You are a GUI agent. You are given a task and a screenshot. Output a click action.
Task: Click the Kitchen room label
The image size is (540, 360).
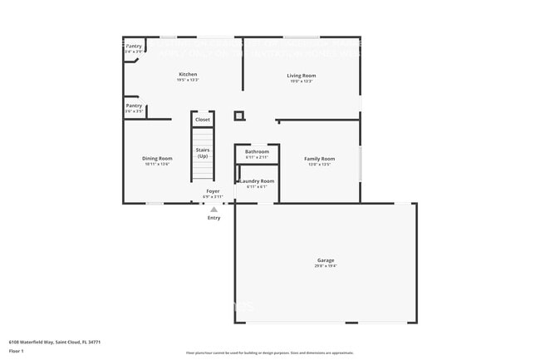pos(188,75)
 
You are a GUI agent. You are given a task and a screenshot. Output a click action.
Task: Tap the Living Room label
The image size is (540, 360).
pos(302,76)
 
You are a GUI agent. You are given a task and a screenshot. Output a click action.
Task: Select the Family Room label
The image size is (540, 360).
pos(319,159)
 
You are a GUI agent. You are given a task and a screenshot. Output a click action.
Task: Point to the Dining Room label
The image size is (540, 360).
pos(157,158)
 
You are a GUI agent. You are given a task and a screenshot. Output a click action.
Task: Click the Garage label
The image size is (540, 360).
pos(325,259)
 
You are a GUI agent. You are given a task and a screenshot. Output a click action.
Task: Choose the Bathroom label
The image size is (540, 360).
pos(257,151)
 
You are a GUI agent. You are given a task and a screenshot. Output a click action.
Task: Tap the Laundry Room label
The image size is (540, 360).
pos(257,180)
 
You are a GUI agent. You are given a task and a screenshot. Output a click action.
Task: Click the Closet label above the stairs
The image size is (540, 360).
pos(203,120)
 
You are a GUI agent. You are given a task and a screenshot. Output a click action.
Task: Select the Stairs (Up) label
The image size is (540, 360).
pos(203,153)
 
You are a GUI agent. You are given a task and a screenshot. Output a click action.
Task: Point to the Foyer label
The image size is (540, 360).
pos(214,191)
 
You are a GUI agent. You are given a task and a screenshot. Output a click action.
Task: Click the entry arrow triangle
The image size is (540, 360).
pos(214,210)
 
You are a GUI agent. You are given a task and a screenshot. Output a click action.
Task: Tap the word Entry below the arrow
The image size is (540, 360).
pos(214,218)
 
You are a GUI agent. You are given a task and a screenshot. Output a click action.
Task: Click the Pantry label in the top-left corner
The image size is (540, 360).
pos(134,47)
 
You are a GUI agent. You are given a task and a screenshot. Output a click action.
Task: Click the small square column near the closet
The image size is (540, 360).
pos(239,116)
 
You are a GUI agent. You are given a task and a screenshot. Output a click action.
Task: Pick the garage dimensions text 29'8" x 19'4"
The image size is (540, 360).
pos(325,266)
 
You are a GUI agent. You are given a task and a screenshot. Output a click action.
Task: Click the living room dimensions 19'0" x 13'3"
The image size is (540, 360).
pos(302,81)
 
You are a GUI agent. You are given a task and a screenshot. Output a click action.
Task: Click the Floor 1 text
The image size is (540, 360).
pos(17,351)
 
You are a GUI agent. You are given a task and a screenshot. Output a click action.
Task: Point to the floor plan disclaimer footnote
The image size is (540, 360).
pos(270,353)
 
